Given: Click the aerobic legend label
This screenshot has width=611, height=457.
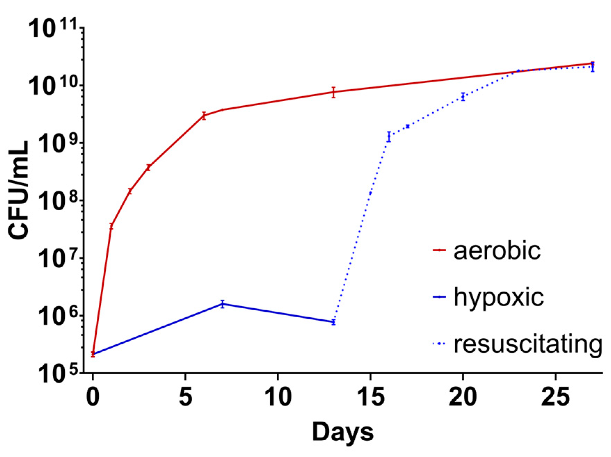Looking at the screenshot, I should [497, 251].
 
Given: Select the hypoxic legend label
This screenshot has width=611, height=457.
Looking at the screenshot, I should [499, 297].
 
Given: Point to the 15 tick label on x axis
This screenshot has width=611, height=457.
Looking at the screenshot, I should [370, 397].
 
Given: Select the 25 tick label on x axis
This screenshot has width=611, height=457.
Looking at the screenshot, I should [555, 397].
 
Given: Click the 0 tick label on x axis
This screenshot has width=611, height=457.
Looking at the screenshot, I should [93, 397].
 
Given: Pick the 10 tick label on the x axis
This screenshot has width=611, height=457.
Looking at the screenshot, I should [278, 397].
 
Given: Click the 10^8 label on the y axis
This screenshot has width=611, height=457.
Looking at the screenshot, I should [56, 202].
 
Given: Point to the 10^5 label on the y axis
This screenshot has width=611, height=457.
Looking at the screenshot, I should [56, 374].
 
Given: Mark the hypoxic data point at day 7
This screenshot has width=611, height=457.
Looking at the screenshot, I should [222, 304].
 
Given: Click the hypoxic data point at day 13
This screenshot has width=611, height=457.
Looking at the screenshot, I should [333, 322].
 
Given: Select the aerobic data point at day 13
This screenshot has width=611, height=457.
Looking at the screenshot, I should [333, 92].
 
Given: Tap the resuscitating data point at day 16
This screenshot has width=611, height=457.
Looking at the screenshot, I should [389, 137].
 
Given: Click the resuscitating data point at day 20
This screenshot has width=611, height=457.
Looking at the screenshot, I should [463, 97].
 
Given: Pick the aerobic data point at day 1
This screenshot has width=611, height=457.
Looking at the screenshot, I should [111, 226].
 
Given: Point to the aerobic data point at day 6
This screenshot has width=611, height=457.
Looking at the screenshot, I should [204, 116].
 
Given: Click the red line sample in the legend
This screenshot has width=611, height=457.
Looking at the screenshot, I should [439, 250].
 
